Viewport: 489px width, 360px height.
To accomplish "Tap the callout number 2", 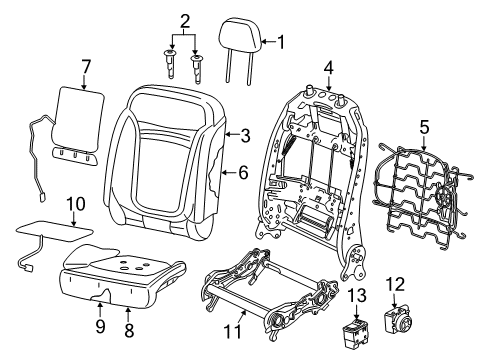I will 184,21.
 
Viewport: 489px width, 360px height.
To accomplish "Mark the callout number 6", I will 241,172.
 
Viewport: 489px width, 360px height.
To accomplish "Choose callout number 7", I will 86,67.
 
